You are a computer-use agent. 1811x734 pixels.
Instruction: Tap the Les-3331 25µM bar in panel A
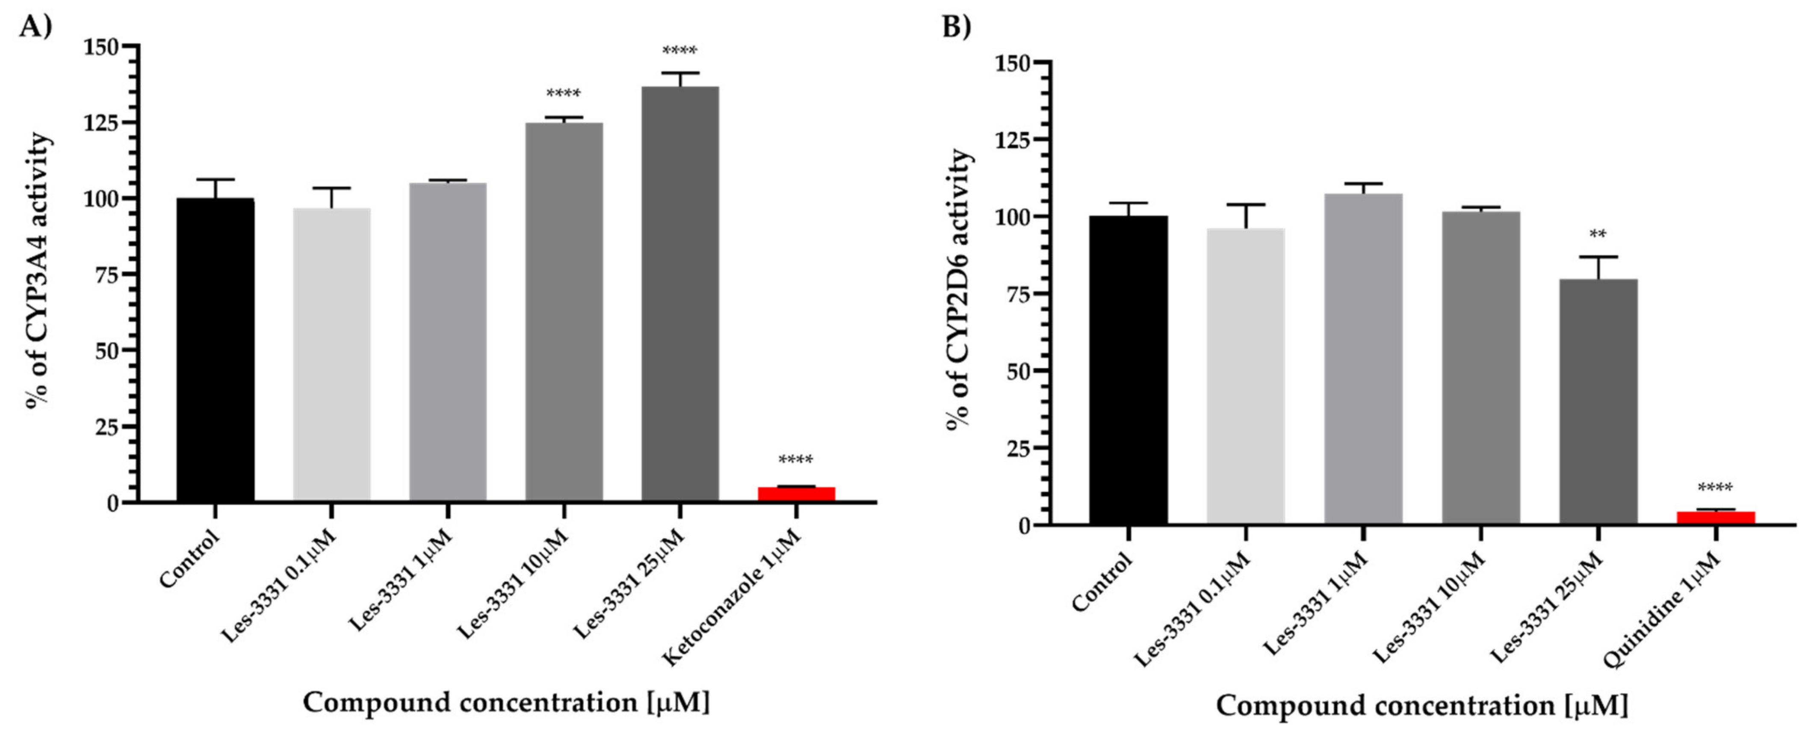pyautogui.click(x=680, y=294)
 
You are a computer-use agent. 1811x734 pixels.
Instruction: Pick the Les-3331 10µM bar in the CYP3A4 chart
pyautogui.click(x=564, y=312)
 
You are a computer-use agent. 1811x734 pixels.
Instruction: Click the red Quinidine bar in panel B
pyautogui.click(x=1716, y=518)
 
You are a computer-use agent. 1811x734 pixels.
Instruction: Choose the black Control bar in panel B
pyautogui.click(x=1129, y=370)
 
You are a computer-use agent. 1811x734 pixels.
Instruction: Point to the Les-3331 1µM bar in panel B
pyautogui.click(x=1364, y=358)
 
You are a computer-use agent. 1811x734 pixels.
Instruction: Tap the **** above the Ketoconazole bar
pyautogui.click(x=796, y=461)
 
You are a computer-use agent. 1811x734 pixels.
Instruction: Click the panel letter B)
pyautogui.click(x=956, y=26)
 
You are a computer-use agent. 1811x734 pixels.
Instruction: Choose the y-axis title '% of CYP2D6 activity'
pyautogui.click(x=960, y=288)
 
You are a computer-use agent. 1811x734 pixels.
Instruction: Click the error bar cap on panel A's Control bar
pyautogui.click(x=215, y=179)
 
